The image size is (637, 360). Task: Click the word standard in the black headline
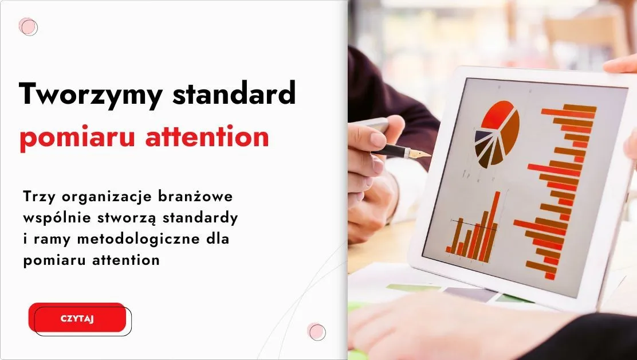click(234, 93)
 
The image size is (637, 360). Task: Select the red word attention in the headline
click(207, 136)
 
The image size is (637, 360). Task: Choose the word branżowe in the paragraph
click(195, 196)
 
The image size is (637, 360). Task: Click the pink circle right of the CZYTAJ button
click(316, 331)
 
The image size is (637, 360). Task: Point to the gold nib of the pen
click(420, 154)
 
